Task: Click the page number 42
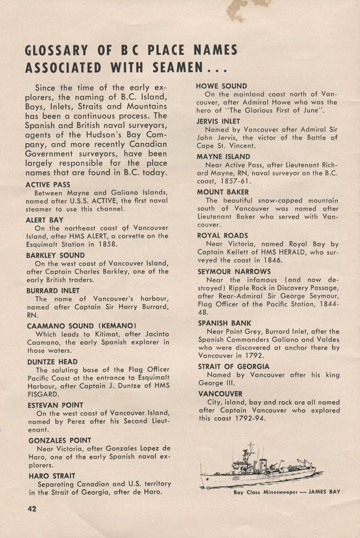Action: (32, 509)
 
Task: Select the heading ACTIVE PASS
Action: (48, 185)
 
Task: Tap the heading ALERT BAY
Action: (44, 220)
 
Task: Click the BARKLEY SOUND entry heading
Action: (55, 255)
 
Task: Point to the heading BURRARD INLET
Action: (53, 291)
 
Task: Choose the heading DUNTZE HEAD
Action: (52, 362)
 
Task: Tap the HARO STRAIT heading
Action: (52, 476)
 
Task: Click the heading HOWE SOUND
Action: (221, 86)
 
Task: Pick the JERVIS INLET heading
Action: (218, 121)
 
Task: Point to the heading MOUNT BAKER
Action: (222, 192)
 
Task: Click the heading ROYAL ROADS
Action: (222, 236)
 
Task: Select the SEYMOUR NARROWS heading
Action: (234, 272)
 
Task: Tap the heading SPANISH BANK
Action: (224, 323)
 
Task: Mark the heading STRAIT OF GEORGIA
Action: (234, 366)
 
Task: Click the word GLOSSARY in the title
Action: (56, 51)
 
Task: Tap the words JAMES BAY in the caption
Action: (324, 492)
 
